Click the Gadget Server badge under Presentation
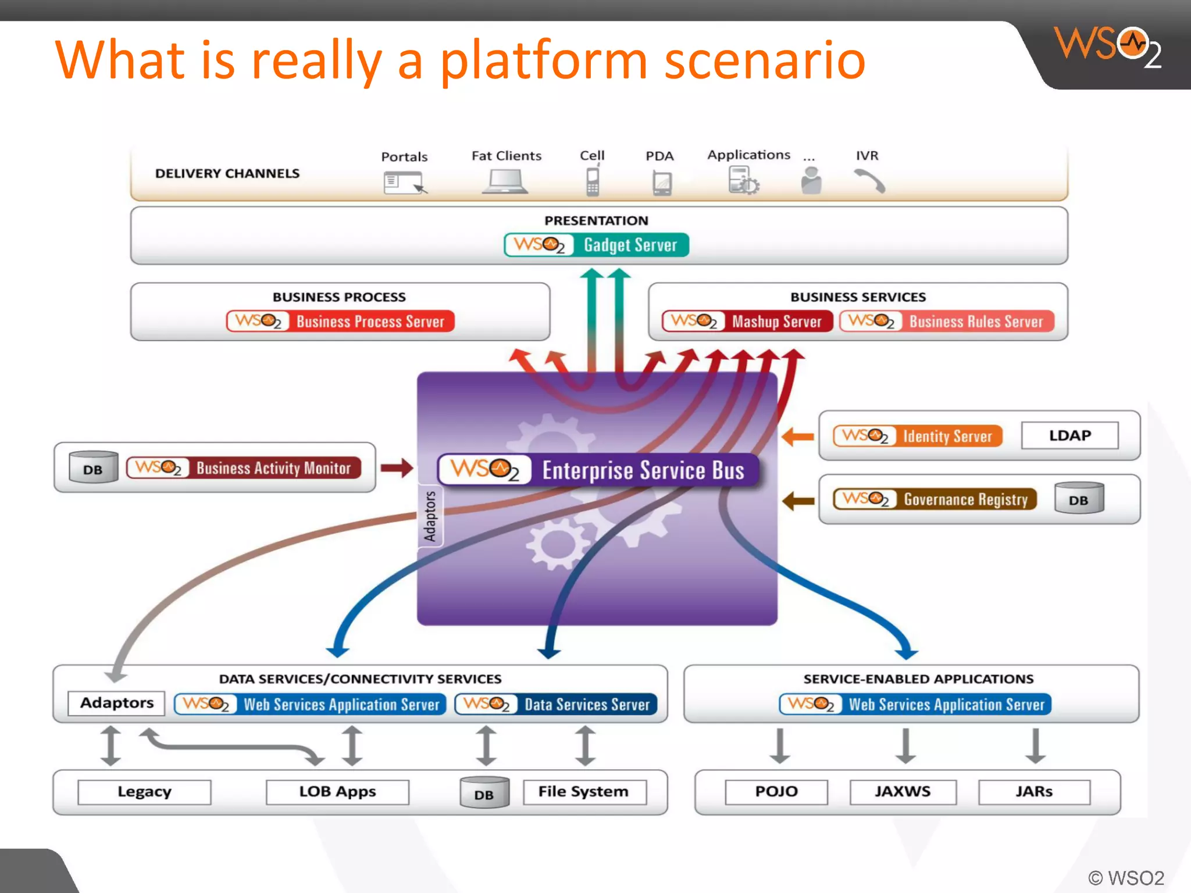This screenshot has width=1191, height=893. coord(597,245)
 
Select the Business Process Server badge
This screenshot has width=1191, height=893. coord(340,321)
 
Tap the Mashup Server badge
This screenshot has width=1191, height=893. coord(747,321)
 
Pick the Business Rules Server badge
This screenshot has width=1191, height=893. coord(947,321)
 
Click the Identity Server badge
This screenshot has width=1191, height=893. coord(918,435)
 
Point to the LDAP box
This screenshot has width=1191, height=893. coord(1069,435)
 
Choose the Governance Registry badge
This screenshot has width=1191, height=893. coord(935,499)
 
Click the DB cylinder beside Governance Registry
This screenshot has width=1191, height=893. coord(1079,499)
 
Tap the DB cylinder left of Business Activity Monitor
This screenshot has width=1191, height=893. coord(93,468)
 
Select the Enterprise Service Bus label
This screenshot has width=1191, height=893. coord(598,470)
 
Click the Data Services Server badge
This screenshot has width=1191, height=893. coord(556,704)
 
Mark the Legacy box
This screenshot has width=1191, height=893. coord(144,792)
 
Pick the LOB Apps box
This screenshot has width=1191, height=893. coord(337,792)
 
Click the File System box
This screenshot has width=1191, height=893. coord(584,792)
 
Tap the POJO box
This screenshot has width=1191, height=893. coord(776,792)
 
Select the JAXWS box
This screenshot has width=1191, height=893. coord(903,792)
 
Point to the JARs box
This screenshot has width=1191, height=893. coord(1034,792)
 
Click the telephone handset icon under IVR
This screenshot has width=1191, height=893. coord(870,181)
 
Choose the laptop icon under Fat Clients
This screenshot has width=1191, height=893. coord(505,181)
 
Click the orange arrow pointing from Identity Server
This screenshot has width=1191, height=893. coord(798,436)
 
